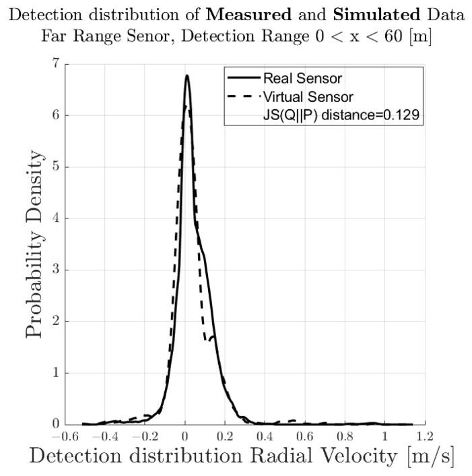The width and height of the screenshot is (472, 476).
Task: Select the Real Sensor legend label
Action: click(x=294, y=79)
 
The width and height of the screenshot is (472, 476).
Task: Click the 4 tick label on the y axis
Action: click(x=54, y=218)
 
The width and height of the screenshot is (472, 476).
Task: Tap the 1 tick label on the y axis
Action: click(x=54, y=373)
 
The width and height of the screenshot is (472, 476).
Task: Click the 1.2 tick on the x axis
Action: click(x=425, y=436)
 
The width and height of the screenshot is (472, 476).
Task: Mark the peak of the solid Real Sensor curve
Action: click(x=187, y=76)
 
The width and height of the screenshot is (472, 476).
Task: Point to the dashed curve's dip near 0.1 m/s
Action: click(x=207, y=341)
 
